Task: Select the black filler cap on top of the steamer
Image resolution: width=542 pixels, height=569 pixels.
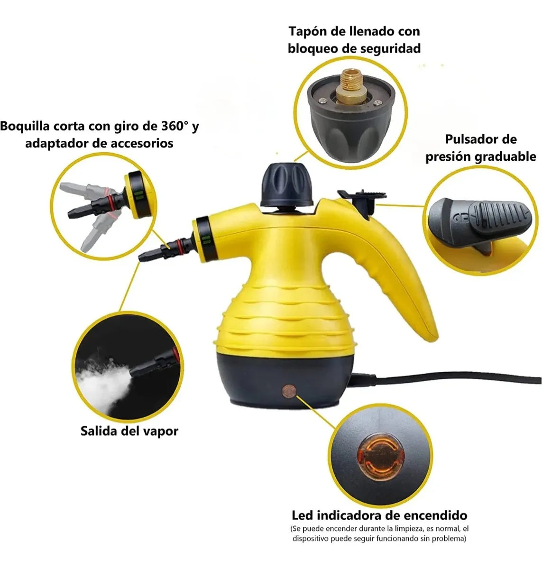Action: pos(286,185)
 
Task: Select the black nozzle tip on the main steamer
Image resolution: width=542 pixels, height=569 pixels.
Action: pos(151,254)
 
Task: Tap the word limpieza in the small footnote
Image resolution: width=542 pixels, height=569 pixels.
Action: pos(404,529)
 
